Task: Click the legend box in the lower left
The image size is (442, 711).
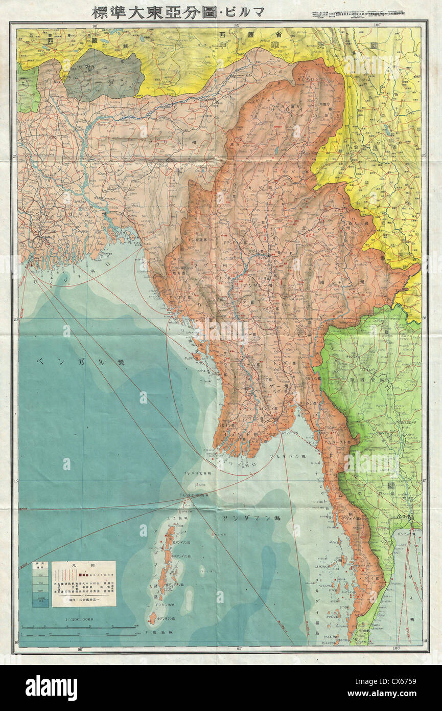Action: (83, 584)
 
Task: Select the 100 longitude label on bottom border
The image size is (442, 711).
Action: (378, 649)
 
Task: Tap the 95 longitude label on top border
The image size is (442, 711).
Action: (237, 25)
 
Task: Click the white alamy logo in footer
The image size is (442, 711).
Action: (51, 687)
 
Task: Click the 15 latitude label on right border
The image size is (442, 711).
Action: (425, 481)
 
